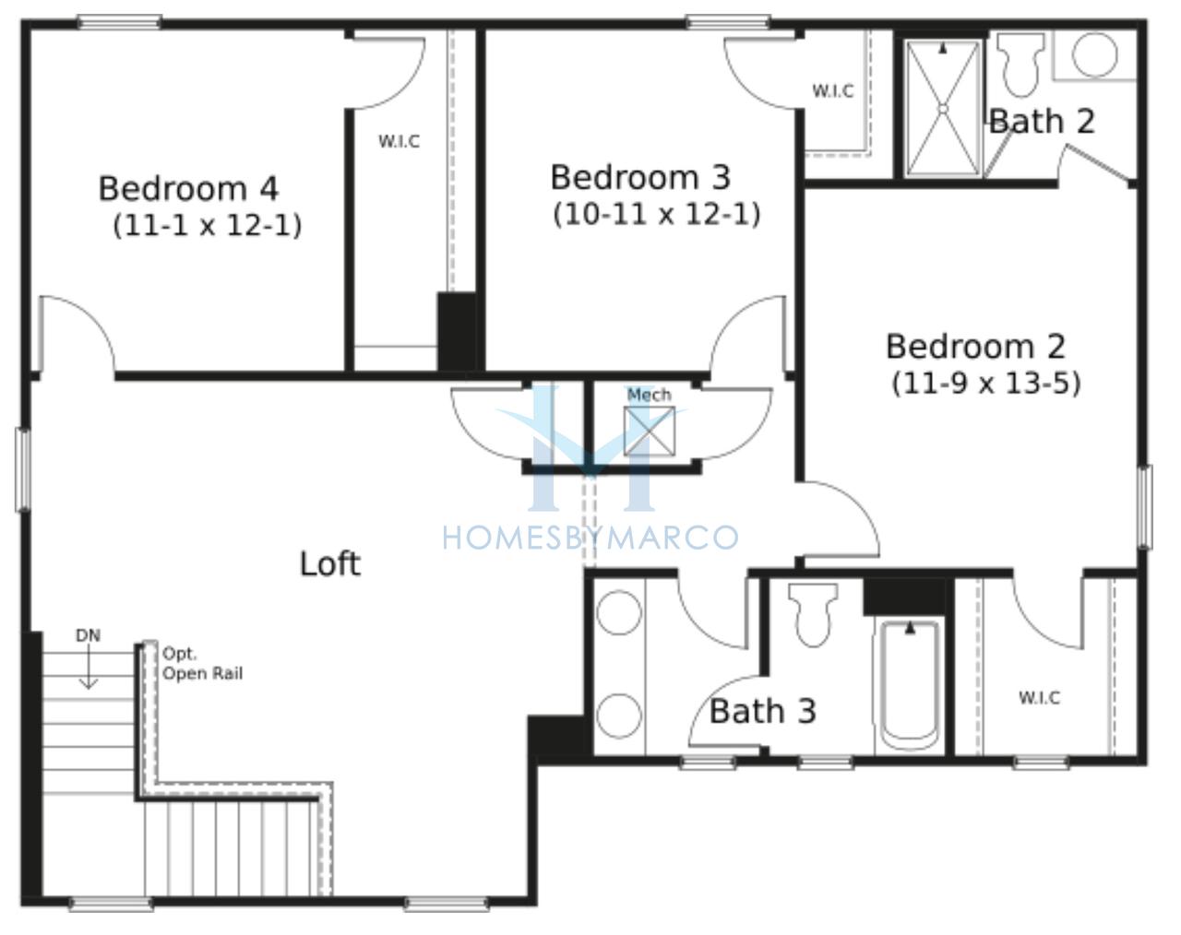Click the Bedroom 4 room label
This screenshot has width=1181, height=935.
point(188,189)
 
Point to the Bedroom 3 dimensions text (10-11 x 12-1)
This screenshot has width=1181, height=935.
point(656,215)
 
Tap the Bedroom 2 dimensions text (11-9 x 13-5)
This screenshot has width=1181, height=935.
point(986,384)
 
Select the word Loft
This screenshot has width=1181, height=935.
point(329,563)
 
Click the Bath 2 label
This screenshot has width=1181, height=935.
point(1042,121)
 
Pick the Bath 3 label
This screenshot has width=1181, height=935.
point(763,711)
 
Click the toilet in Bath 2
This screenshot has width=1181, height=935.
point(1020,65)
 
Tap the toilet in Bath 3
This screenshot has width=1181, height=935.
point(813,615)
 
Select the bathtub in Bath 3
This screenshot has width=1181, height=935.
point(910,686)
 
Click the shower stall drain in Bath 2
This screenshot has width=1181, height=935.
point(943,109)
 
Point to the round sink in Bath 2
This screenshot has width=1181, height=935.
point(1094,54)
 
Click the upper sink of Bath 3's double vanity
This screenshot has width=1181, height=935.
point(618,612)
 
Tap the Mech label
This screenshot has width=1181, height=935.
point(649,395)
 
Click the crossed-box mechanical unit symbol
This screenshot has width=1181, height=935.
point(650,431)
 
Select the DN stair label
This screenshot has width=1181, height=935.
point(88,635)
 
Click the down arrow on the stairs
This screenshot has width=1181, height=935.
point(89,669)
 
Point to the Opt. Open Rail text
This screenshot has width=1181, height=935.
point(202,665)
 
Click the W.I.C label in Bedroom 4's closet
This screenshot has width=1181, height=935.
point(399,141)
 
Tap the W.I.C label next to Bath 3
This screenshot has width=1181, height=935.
point(1040,698)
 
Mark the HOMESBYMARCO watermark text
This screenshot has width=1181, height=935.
point(590,538)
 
